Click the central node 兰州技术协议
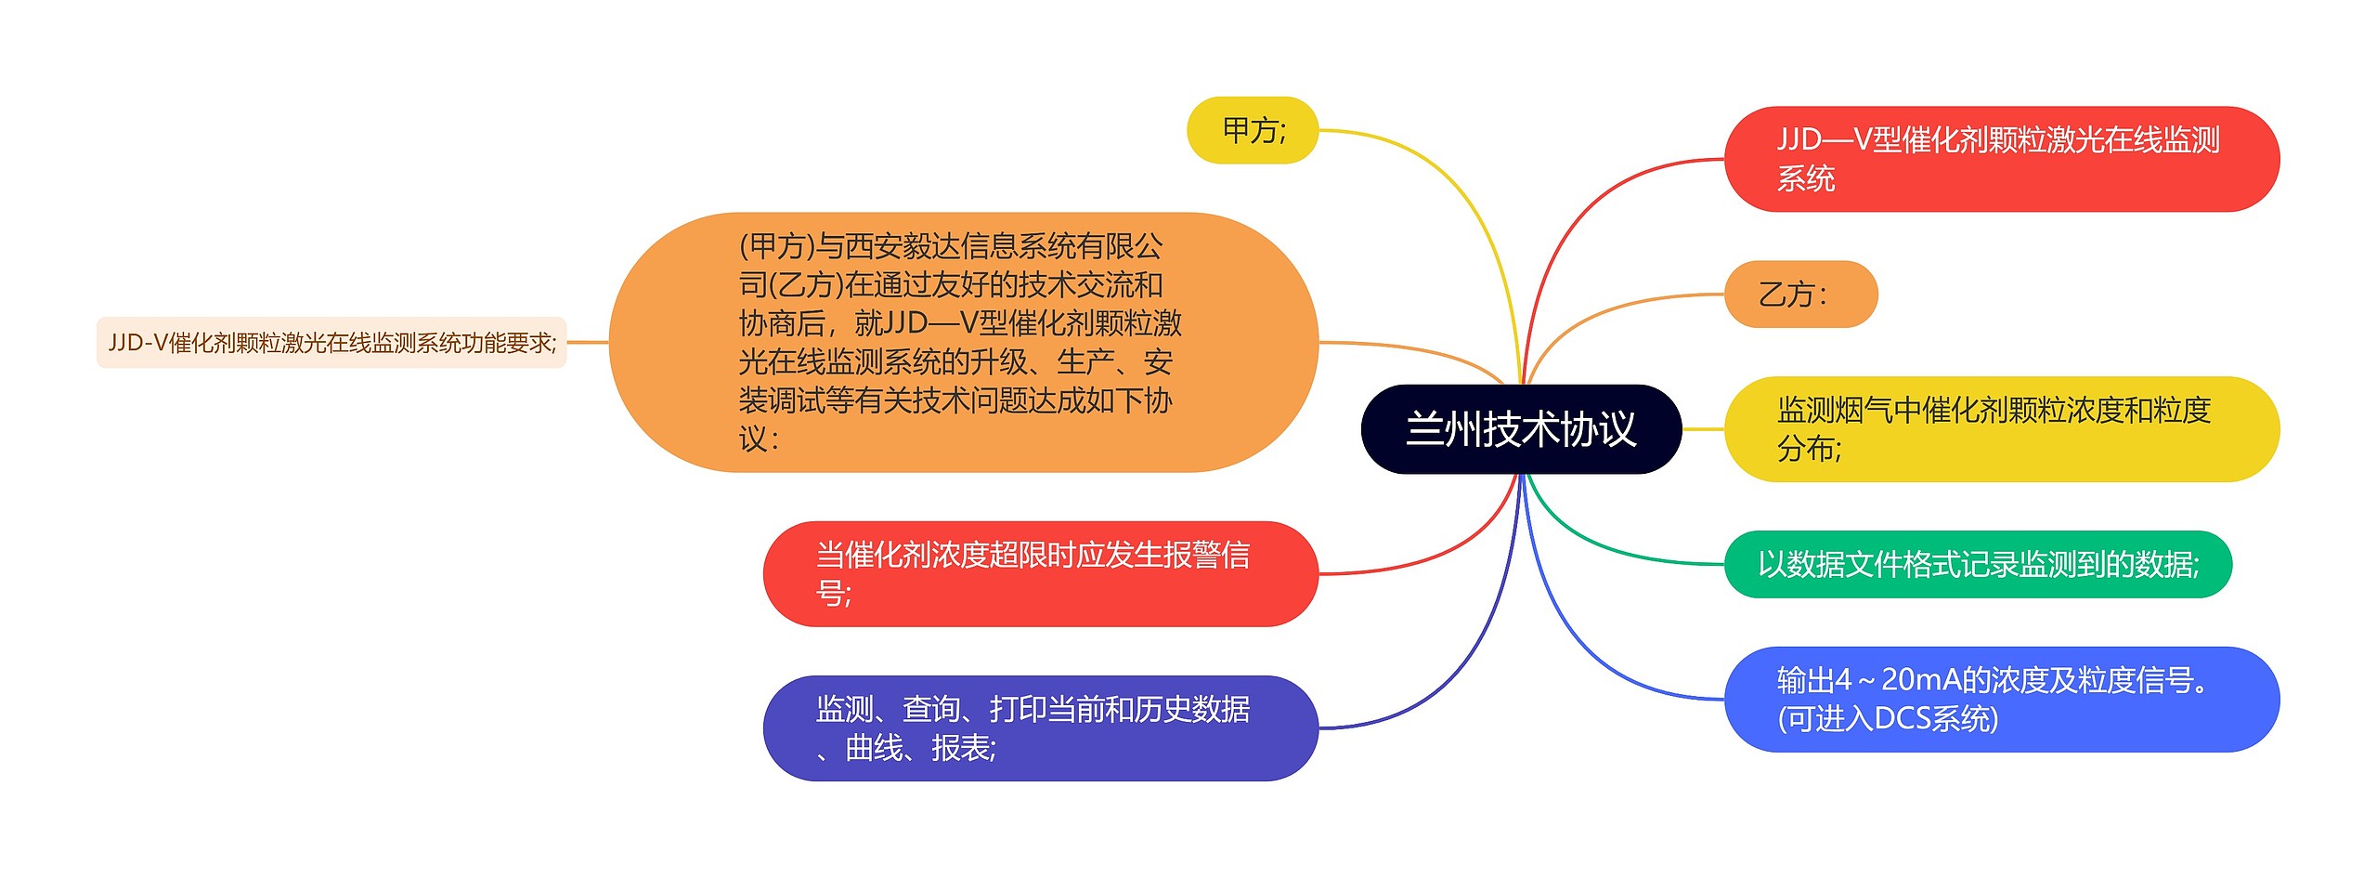pyautogui.click(x=1520, y=429)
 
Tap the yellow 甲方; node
pyautogui.click(x=1253, y=130)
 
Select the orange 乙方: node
pyautogui.click(x=1799, y=295)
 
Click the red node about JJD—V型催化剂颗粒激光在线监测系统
pyautogui.click(x=2001, y=159)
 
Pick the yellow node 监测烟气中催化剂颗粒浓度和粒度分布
pyautogui.click(x=2001, y=429)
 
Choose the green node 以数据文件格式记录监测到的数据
pyautogui.click(x=1978, y=564)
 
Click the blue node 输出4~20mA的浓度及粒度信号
pyautogui.click(x=2001, y=699)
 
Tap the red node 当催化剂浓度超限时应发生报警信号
pyautogui.click(x=1040, y=573)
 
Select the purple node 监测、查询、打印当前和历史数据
pyautogui.click(x=1040, y=727)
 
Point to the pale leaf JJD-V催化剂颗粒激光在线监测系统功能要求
pyautogui.click(x=331, y=343)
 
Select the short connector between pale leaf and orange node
pyautogui.click(x=588, y=342)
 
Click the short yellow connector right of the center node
pyautogui.click(x=1703, y=429)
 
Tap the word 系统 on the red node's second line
pyautogui.click(x=1805, y=178)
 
